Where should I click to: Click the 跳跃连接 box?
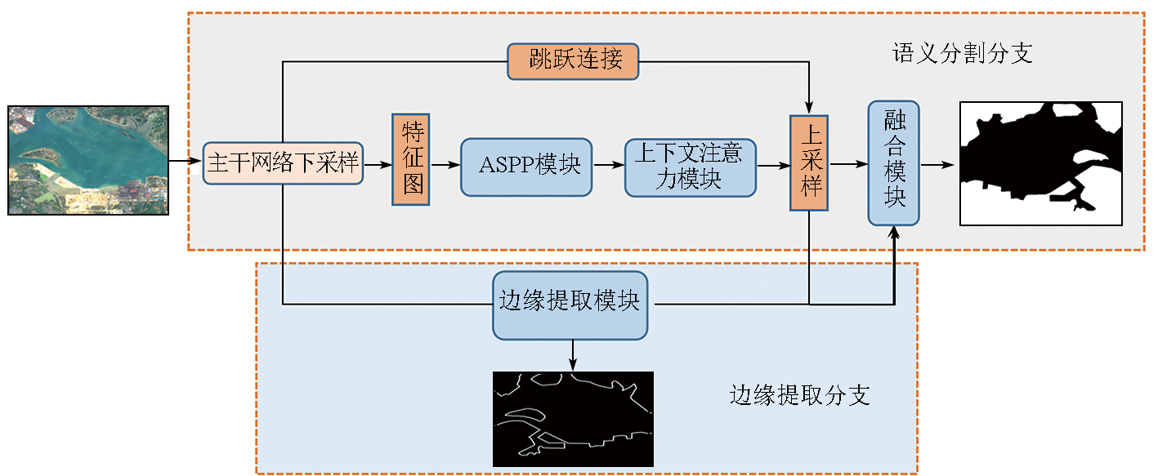coord(572,61)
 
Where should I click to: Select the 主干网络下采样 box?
coord(283,163)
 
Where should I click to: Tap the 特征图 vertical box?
coord(410,159)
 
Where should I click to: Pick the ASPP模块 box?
coord(526,167)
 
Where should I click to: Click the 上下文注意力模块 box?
coord(690,167)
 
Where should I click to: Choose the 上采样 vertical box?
coord(808,162)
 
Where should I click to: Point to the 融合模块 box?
coord(893,163)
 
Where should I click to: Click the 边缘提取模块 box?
coord(570,305)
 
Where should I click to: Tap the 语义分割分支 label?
coord(962,54)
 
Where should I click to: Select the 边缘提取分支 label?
coord(798,395)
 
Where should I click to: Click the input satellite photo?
coord(88,160)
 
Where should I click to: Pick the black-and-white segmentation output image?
coord(1040,163)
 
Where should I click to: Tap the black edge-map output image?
coord(573,419)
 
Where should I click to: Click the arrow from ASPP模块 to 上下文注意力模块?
coord(608,166)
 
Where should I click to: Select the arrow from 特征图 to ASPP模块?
coord(445,166)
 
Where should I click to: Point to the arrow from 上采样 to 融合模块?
coord(847,165)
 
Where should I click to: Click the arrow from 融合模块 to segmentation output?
coord(938,165)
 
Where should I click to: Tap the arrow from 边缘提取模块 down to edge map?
coord(573,355)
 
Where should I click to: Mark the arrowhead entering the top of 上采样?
coord(809,108)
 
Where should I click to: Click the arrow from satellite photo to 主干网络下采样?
coord(186,161)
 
